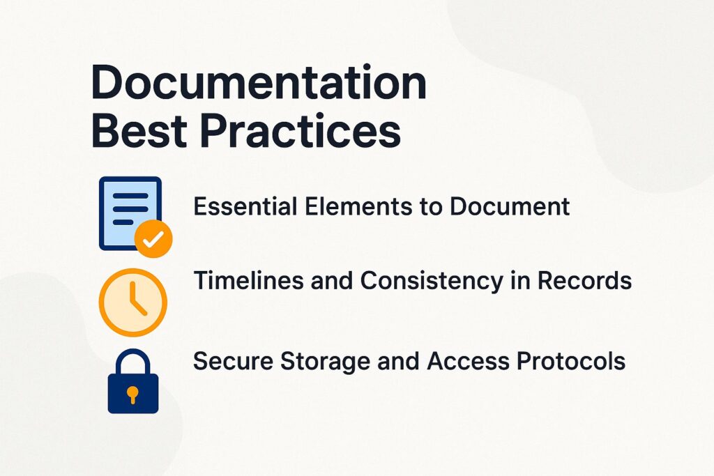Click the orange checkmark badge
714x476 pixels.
click(153, 240)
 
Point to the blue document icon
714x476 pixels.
click(130, 211)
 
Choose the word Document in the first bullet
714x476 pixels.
click(508, 206)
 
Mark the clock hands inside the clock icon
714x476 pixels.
click(136, 302)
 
